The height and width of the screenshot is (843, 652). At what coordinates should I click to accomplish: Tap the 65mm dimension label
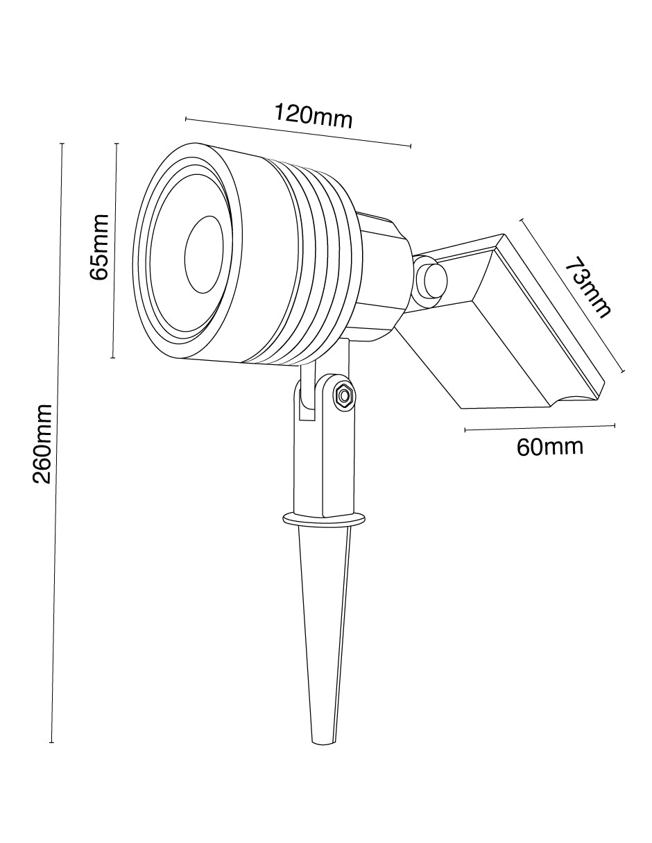coord(100,246)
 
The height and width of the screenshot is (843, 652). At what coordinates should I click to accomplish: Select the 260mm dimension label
coord(42,443)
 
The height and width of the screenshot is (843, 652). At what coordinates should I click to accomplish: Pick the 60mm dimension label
coord(549,447)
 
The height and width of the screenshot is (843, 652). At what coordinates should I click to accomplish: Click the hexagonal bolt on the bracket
coord(343,396)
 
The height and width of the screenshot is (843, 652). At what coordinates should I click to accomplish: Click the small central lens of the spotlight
coord(203,255)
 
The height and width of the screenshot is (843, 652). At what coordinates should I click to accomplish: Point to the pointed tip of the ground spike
coord(323,741)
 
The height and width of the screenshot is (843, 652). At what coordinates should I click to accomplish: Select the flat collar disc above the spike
coord(324,519)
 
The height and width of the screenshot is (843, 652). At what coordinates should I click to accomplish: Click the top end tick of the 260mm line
coord(62,144)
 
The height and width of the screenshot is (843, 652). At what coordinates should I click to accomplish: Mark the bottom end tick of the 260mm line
coord(52,743)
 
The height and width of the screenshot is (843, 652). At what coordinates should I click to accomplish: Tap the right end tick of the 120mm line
coord(411,146)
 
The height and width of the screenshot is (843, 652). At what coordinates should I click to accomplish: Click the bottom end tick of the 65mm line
coord(113,358)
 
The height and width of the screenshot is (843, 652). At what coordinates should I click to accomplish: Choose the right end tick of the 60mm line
coord(615,425)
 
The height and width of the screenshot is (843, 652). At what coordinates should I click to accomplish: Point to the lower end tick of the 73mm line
coord(624,372)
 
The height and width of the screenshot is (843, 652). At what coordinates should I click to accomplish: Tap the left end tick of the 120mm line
coord(186,119)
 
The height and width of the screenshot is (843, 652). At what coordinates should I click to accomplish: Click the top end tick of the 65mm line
coord(117,144)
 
